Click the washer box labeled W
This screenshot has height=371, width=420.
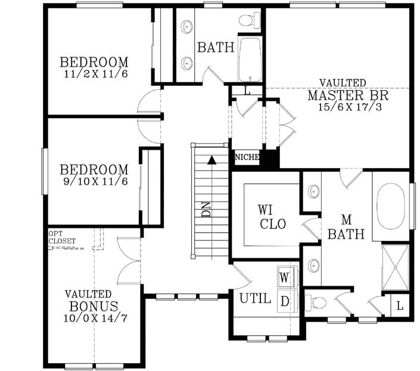285,278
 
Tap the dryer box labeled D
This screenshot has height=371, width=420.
285,302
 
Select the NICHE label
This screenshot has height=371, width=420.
247,157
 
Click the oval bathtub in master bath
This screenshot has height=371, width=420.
392,206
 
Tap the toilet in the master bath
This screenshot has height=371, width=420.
315,302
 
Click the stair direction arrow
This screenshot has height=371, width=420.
210,159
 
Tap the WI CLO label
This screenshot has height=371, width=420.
272,217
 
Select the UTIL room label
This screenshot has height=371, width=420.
255,298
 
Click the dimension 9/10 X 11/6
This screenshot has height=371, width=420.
94,181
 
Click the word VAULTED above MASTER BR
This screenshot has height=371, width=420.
343,82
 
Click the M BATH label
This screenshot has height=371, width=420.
346,227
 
